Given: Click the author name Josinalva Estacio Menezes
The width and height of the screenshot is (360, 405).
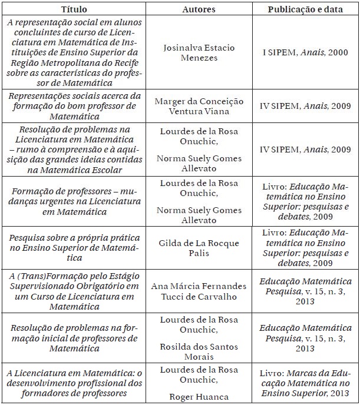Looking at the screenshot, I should pyautogui.click(x=199, y=52).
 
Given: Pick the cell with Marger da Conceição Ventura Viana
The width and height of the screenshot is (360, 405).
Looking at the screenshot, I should pyautogui.click(x=199, y=106).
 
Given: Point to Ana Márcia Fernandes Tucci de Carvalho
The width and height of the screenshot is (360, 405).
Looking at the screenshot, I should pyautogui.click(x=199, y=291).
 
